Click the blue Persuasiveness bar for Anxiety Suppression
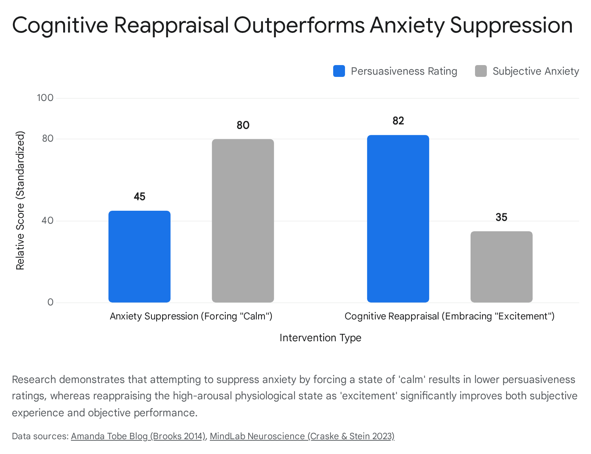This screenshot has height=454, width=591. [139, 257]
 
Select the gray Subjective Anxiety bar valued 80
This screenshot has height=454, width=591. [243, 221]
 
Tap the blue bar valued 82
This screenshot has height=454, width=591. [398, 218]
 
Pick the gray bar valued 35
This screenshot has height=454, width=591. [502, 267]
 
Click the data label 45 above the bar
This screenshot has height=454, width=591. [140, 197]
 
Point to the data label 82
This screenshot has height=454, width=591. [398, 121]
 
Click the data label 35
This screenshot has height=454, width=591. [501, 217]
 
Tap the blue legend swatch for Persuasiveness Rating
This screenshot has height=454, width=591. [339, 71]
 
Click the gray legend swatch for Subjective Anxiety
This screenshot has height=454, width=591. [481, 71]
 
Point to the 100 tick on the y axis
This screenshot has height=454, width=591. [45, 98]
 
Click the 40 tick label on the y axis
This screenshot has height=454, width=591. [47, 220]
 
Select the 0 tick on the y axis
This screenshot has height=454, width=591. [50, 302]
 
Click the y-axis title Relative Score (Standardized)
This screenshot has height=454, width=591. [20, 201]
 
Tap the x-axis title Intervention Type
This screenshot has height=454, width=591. [320, 338]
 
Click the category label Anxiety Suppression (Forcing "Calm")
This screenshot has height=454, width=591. [191, 316]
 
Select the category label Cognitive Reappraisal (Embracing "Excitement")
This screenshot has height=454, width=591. [450, 316]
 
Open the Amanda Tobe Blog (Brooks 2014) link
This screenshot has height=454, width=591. [138, 436]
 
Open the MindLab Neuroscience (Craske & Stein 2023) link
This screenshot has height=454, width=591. [302, 436]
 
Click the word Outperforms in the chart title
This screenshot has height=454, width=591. [299, 26]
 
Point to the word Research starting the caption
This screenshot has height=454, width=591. [34, 379]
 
